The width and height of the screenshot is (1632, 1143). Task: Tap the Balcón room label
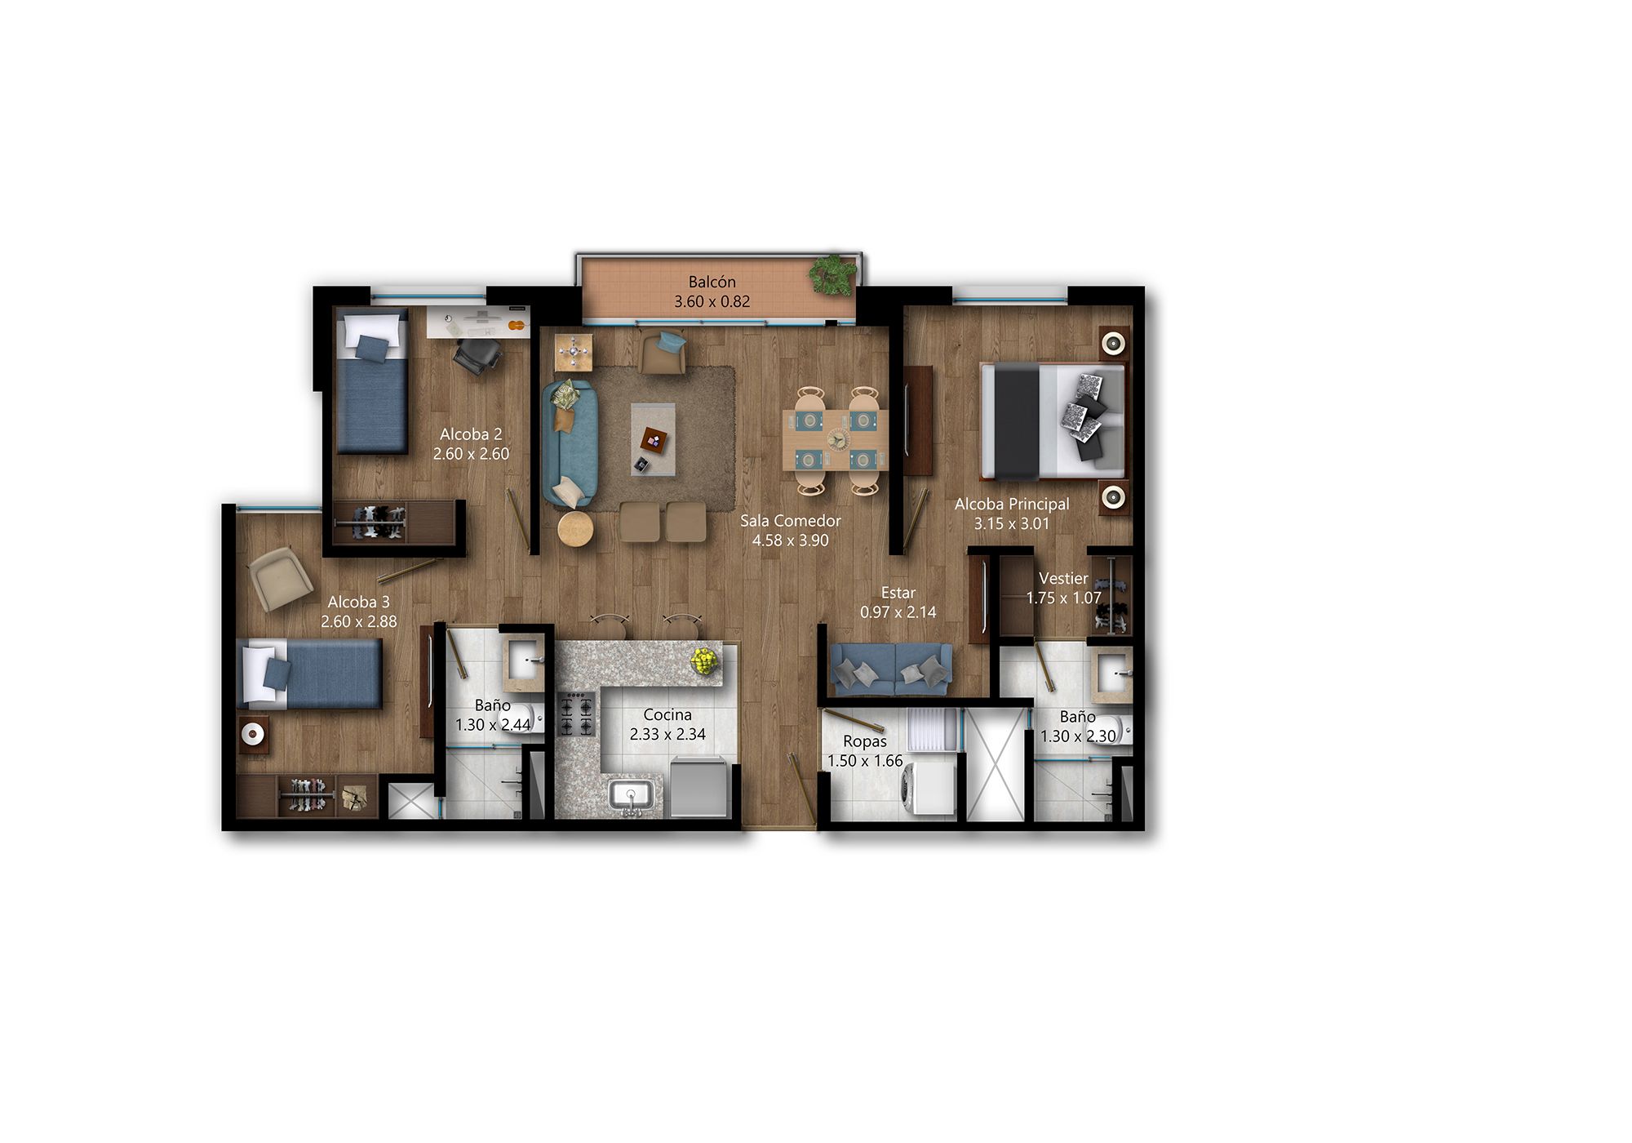click(x=712, y=282)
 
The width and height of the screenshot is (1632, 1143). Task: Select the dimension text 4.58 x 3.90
click(x=790, y=540)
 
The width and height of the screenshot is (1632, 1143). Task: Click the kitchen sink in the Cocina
click(x=631, y=794)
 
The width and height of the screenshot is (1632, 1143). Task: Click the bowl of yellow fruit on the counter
click(x=704, y=660)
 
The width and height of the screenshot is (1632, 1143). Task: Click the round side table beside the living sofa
click(x=575, y=529)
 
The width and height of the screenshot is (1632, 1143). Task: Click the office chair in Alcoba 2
click(x=478, y=354)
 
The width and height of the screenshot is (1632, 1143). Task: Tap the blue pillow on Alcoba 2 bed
click(x=372, y=349)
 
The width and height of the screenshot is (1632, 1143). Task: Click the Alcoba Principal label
click(x=1011, y=505)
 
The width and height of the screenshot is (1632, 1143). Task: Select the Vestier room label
click(x=1062, y=579)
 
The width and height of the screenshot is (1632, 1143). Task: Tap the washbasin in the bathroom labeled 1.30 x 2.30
click(x=1113, y=674)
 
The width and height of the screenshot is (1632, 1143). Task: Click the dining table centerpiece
click(x=836, y=439)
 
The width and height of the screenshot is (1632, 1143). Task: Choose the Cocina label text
click(x=667, y=715)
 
